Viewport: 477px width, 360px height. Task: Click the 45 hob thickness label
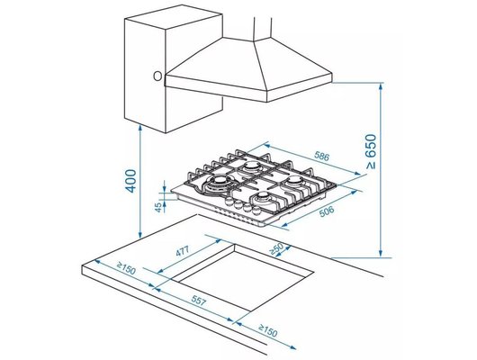(x=160, y=207)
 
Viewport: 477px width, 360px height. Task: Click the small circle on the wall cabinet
(x=158, y=75)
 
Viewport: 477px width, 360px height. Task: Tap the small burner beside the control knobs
(x=263, y=200)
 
